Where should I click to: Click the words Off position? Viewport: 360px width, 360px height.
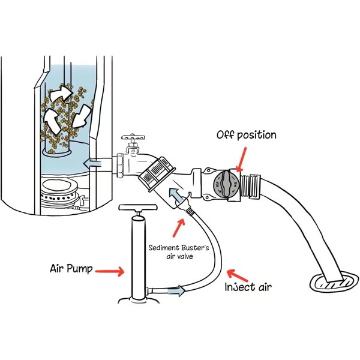pos(246,135)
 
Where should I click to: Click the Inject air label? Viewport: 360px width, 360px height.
pos(248,287)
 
